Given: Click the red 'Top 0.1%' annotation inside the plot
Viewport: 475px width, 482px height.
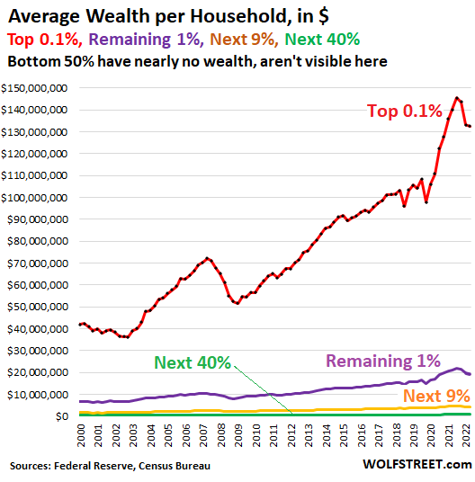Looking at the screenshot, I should click(404, 112).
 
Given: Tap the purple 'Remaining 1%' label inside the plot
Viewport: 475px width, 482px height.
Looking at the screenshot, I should click(382, 361).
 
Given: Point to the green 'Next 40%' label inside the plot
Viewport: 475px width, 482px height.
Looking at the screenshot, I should click(193, 363).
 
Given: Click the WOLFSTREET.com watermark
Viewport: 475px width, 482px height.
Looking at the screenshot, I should click(417, 464).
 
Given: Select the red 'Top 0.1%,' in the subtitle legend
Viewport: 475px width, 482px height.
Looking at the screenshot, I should click(45, 40).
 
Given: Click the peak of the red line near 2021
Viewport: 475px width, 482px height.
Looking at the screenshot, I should click(457, 98).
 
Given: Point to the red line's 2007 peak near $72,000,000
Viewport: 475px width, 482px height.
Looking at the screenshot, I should click(208, 258).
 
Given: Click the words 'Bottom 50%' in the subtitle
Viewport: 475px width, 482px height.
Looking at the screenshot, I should click(41, 62).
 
